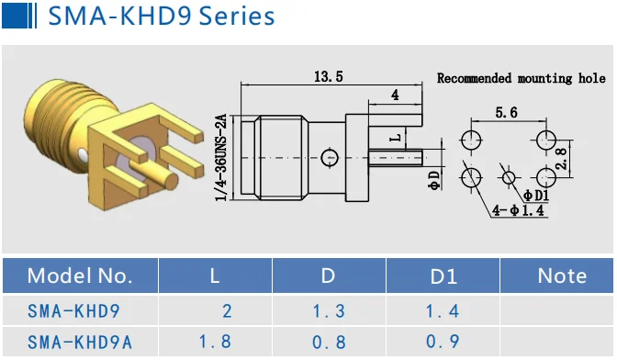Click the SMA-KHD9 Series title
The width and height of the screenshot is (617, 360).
(x=162, y=17)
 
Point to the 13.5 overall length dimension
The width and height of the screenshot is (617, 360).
(x=329, y=76)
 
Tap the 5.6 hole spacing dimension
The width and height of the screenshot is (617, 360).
(x=506, y=113)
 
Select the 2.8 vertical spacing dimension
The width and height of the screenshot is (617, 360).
(x=562, y=159)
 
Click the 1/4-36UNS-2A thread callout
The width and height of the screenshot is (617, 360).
(x=221, y=157)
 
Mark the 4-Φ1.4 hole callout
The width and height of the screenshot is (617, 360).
(x=518, y=210)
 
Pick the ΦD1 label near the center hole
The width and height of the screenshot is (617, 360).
(x=536, y=195)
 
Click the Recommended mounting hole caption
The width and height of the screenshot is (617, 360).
(x=522, y=78)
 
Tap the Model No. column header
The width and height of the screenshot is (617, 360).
(x=80, y=276)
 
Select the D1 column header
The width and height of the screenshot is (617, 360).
(x=443, y=276)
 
